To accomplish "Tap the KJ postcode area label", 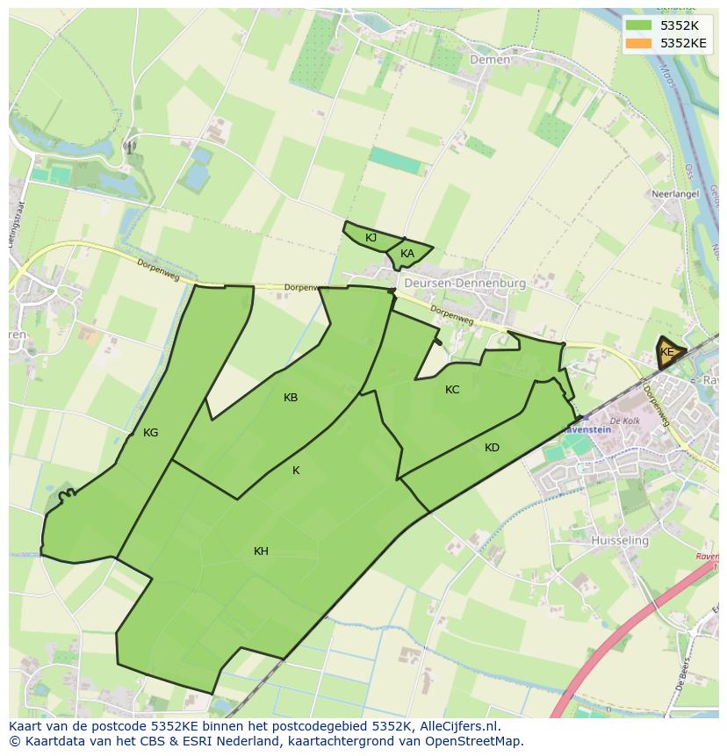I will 371,238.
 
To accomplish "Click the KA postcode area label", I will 407,254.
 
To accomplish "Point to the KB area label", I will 291,398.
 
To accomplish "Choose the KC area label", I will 452,390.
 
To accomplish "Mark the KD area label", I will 492,448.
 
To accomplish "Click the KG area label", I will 150,433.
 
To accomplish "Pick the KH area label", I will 261,551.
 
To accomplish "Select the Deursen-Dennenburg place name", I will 464,284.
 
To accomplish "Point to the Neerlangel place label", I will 673,193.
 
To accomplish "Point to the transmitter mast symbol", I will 130,148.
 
